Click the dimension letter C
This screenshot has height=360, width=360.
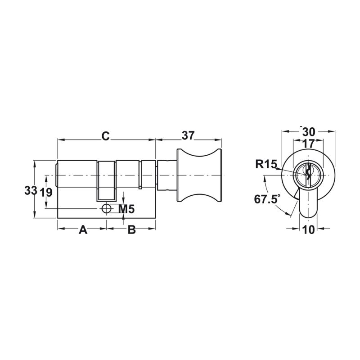105,136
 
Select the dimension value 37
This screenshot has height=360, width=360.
188,135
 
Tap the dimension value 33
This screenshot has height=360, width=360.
31,190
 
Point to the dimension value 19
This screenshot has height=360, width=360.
46,192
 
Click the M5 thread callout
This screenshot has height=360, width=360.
126,209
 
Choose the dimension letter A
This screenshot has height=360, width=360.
83,229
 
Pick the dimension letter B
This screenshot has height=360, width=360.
131,229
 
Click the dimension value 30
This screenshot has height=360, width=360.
309,132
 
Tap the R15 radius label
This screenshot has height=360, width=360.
266,164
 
